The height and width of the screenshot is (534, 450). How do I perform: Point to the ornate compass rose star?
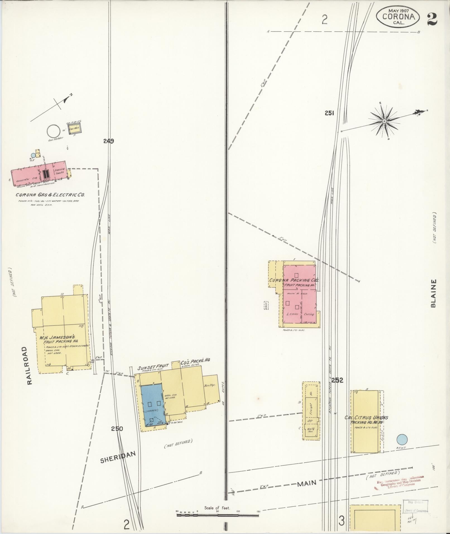384,121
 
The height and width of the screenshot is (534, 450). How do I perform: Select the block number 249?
108,141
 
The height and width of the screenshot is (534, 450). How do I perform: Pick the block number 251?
329,113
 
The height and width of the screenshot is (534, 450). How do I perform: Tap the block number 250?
117,429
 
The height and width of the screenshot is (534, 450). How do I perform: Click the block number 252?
337,380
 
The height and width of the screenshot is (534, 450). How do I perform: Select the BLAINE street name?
433,293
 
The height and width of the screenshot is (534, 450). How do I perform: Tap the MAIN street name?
306,483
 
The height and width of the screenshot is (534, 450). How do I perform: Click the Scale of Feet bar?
217,514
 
